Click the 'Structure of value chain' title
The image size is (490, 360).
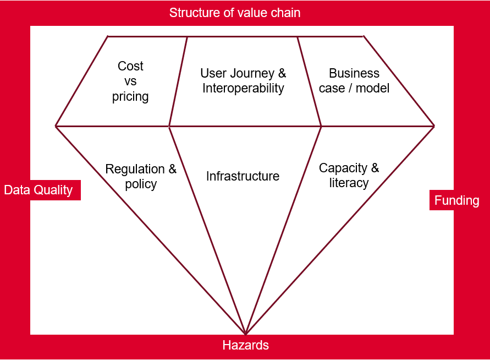235,13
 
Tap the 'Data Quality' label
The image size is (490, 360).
38,190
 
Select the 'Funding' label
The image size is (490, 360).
456,200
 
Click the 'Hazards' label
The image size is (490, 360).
246,345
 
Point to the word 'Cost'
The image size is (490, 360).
130,66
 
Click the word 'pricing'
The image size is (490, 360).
130,97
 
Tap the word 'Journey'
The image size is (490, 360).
252,74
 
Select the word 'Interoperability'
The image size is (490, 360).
243,88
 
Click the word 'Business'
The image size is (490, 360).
354,73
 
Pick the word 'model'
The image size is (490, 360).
372,88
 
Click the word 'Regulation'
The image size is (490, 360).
135,169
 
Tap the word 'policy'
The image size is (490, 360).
141,184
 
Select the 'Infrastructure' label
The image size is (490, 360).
243,176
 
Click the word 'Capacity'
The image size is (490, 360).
343,168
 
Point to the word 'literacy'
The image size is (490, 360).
349,183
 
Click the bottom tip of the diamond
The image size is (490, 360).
246,334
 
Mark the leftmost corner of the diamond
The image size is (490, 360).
56,126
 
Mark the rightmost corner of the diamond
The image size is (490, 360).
434,126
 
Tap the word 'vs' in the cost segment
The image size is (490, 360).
130,81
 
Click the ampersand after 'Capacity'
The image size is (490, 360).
375,168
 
